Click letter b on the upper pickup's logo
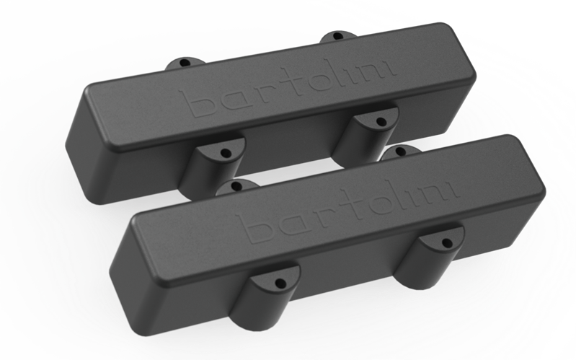(x=203, y=103)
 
